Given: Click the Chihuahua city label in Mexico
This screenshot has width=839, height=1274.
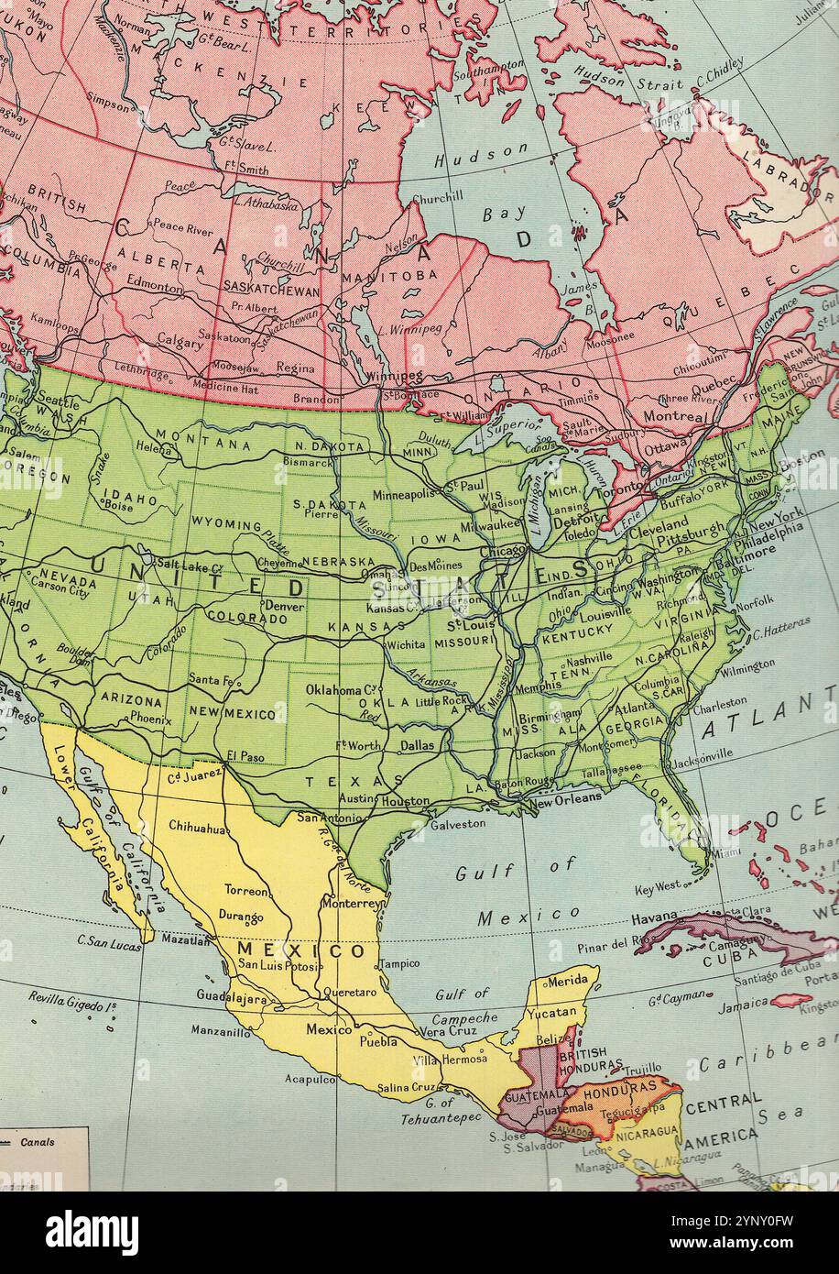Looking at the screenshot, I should pos(197,828).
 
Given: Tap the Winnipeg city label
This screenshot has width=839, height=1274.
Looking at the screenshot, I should pos(394,376).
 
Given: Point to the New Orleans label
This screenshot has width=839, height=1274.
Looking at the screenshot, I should pos(566,797).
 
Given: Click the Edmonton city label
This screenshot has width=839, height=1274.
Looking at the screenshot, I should pos(155,286).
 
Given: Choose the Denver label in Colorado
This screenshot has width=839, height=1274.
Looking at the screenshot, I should pos(284,606).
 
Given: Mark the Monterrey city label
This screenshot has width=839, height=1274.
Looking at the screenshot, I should pos(351,903).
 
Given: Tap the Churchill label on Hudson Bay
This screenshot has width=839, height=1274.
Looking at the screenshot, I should pos(437,196).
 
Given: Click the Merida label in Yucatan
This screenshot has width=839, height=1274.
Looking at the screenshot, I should pos(568,981).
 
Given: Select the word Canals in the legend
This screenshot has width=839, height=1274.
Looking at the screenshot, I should pos(39,1142).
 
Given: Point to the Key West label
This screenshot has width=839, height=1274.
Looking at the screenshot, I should pos(658,887).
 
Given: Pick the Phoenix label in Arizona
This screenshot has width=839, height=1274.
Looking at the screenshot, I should pos(149,719).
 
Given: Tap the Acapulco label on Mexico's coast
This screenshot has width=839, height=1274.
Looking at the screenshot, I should pos(310,1080).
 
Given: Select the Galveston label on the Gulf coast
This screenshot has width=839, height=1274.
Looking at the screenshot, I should pos(457,823).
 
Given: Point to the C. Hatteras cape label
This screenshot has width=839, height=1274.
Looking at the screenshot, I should pos(781,625).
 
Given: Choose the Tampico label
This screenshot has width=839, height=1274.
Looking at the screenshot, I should pos(399,963).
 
